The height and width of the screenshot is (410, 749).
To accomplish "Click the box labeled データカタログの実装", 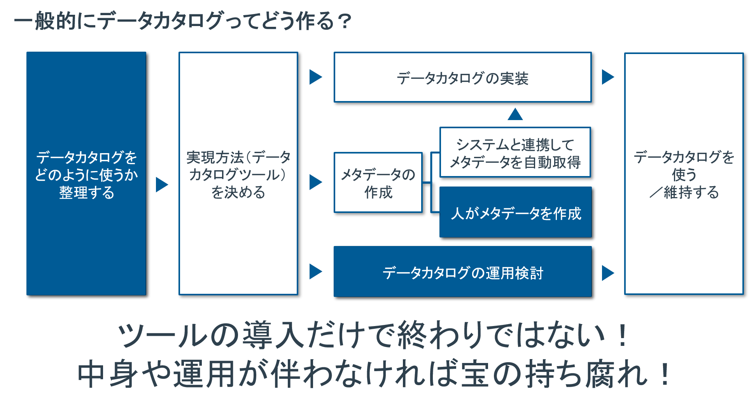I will (x=462, y=77).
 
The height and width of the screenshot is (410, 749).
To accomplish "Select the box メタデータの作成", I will (x=378, y=183).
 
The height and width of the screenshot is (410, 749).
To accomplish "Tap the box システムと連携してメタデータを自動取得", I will (x=515, y=153).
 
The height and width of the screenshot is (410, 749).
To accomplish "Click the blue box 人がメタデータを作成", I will (x=515, y=213).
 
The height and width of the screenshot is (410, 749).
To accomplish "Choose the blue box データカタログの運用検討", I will (x=462, y=272).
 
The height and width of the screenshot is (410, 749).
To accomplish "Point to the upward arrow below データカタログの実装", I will (x=515, y=114).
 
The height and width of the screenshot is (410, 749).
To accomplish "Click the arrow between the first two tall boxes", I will (x=162, y=185).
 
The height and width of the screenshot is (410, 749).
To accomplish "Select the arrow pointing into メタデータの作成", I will (x=315, y=182).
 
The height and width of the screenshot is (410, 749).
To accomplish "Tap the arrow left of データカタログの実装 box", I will (x=315, y=77).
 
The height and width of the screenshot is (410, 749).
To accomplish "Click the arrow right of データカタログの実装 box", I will (x=608, y=77).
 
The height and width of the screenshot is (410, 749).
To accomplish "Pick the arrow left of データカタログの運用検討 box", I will (x=315, y=271).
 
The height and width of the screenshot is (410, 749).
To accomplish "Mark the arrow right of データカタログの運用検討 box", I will (x=608, y=273).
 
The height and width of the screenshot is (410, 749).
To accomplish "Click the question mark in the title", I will (x=345, y=21).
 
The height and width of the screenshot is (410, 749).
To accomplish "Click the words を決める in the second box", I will (x=238, y=192).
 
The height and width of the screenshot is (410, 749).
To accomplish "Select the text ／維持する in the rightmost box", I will (x=684, y=192).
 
